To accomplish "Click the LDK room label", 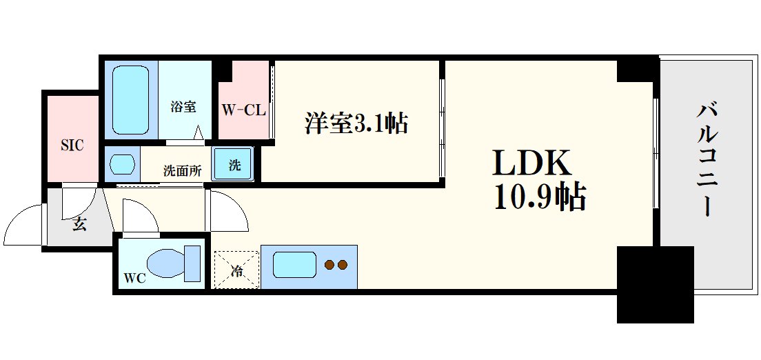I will [x=531, y=163].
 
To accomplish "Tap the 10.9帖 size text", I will [x=539, y=199].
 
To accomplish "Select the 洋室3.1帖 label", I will [x=356, y=123].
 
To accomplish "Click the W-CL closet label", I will [x=243, y=110].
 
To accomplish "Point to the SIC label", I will [x=72, y=145].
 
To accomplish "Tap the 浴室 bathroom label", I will [x=184, y=107].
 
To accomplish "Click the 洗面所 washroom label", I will [x=182, y=171].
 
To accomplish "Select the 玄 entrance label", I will [x=80, y=224].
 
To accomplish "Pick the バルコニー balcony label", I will [x=709, y=159].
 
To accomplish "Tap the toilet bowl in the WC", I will [x=171, y=263].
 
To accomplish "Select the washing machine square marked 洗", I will [x=234, y=166].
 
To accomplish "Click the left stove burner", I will [x=329, y=264].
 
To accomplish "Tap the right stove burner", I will [x=343, y=264].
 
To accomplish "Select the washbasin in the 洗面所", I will [x=122, y=166].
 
